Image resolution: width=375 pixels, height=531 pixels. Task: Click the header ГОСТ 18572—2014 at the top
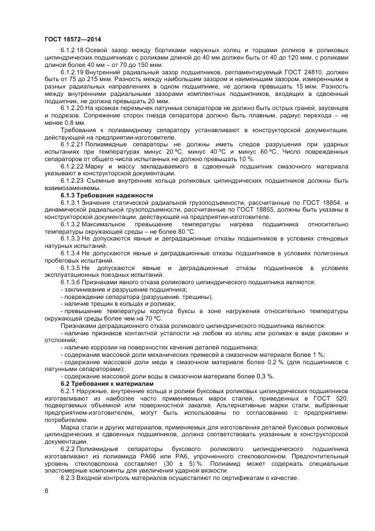point(69,39)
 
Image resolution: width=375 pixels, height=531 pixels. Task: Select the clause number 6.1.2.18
point(71,50)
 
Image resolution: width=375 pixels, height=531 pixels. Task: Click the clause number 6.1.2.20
point(71,107)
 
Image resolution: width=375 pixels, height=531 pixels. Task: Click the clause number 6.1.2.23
point(71,180)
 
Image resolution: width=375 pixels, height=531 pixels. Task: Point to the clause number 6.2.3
point(68,478)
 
